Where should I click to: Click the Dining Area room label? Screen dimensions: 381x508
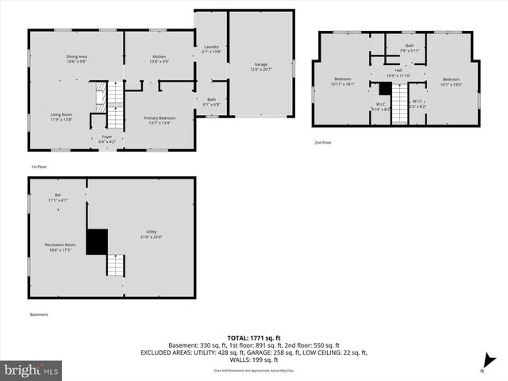pos(76,59)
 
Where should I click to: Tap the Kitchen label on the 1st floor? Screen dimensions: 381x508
pos(160,59)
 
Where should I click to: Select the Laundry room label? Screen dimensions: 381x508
pos(211,49)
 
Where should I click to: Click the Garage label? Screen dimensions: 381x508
pos(260,67)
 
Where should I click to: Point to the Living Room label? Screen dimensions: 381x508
pos(61,117)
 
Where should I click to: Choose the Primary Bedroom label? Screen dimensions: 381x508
pos(160,120)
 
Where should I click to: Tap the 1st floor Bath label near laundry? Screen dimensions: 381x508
pos(211,102)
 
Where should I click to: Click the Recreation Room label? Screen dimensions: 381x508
pos(60,247)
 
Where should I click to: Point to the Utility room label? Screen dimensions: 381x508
pos(151,234)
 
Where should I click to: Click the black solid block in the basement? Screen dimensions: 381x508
pos(97,241)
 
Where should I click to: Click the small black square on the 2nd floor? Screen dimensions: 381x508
pos(385,89)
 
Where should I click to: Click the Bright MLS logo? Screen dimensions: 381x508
pos(32,369)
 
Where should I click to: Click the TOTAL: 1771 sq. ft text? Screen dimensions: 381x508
pos(254,338)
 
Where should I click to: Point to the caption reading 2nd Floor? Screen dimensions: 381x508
pos(323,142)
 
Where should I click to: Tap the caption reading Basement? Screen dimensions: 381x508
pos(40,314)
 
